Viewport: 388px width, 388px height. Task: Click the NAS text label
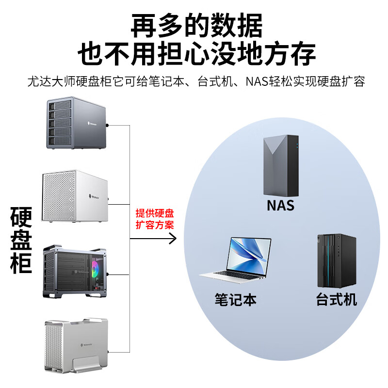(x=280, y=205)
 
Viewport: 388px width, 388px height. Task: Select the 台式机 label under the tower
(x=336, y=299)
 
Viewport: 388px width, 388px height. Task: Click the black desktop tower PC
(x=336, y=260)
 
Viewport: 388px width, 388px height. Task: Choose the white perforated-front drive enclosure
(x=75, y=196)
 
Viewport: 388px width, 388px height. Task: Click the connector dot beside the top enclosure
(x=107, y=125)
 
